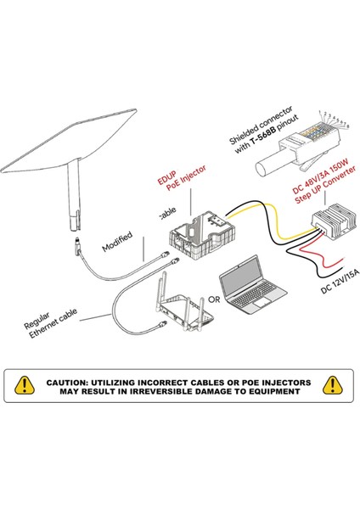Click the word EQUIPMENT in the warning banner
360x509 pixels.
pos(271,393)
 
